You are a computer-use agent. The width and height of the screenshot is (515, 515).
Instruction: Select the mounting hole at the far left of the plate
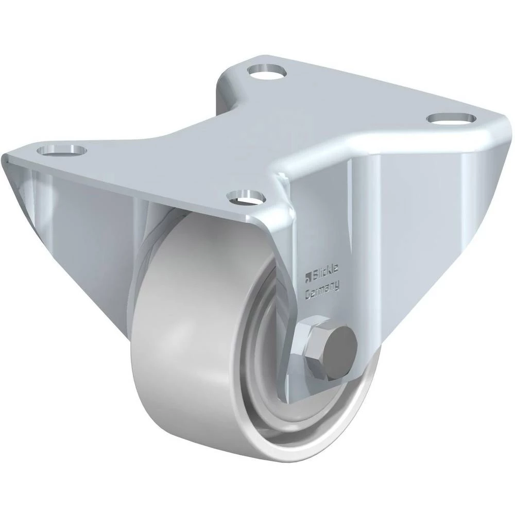click(62, 150)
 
